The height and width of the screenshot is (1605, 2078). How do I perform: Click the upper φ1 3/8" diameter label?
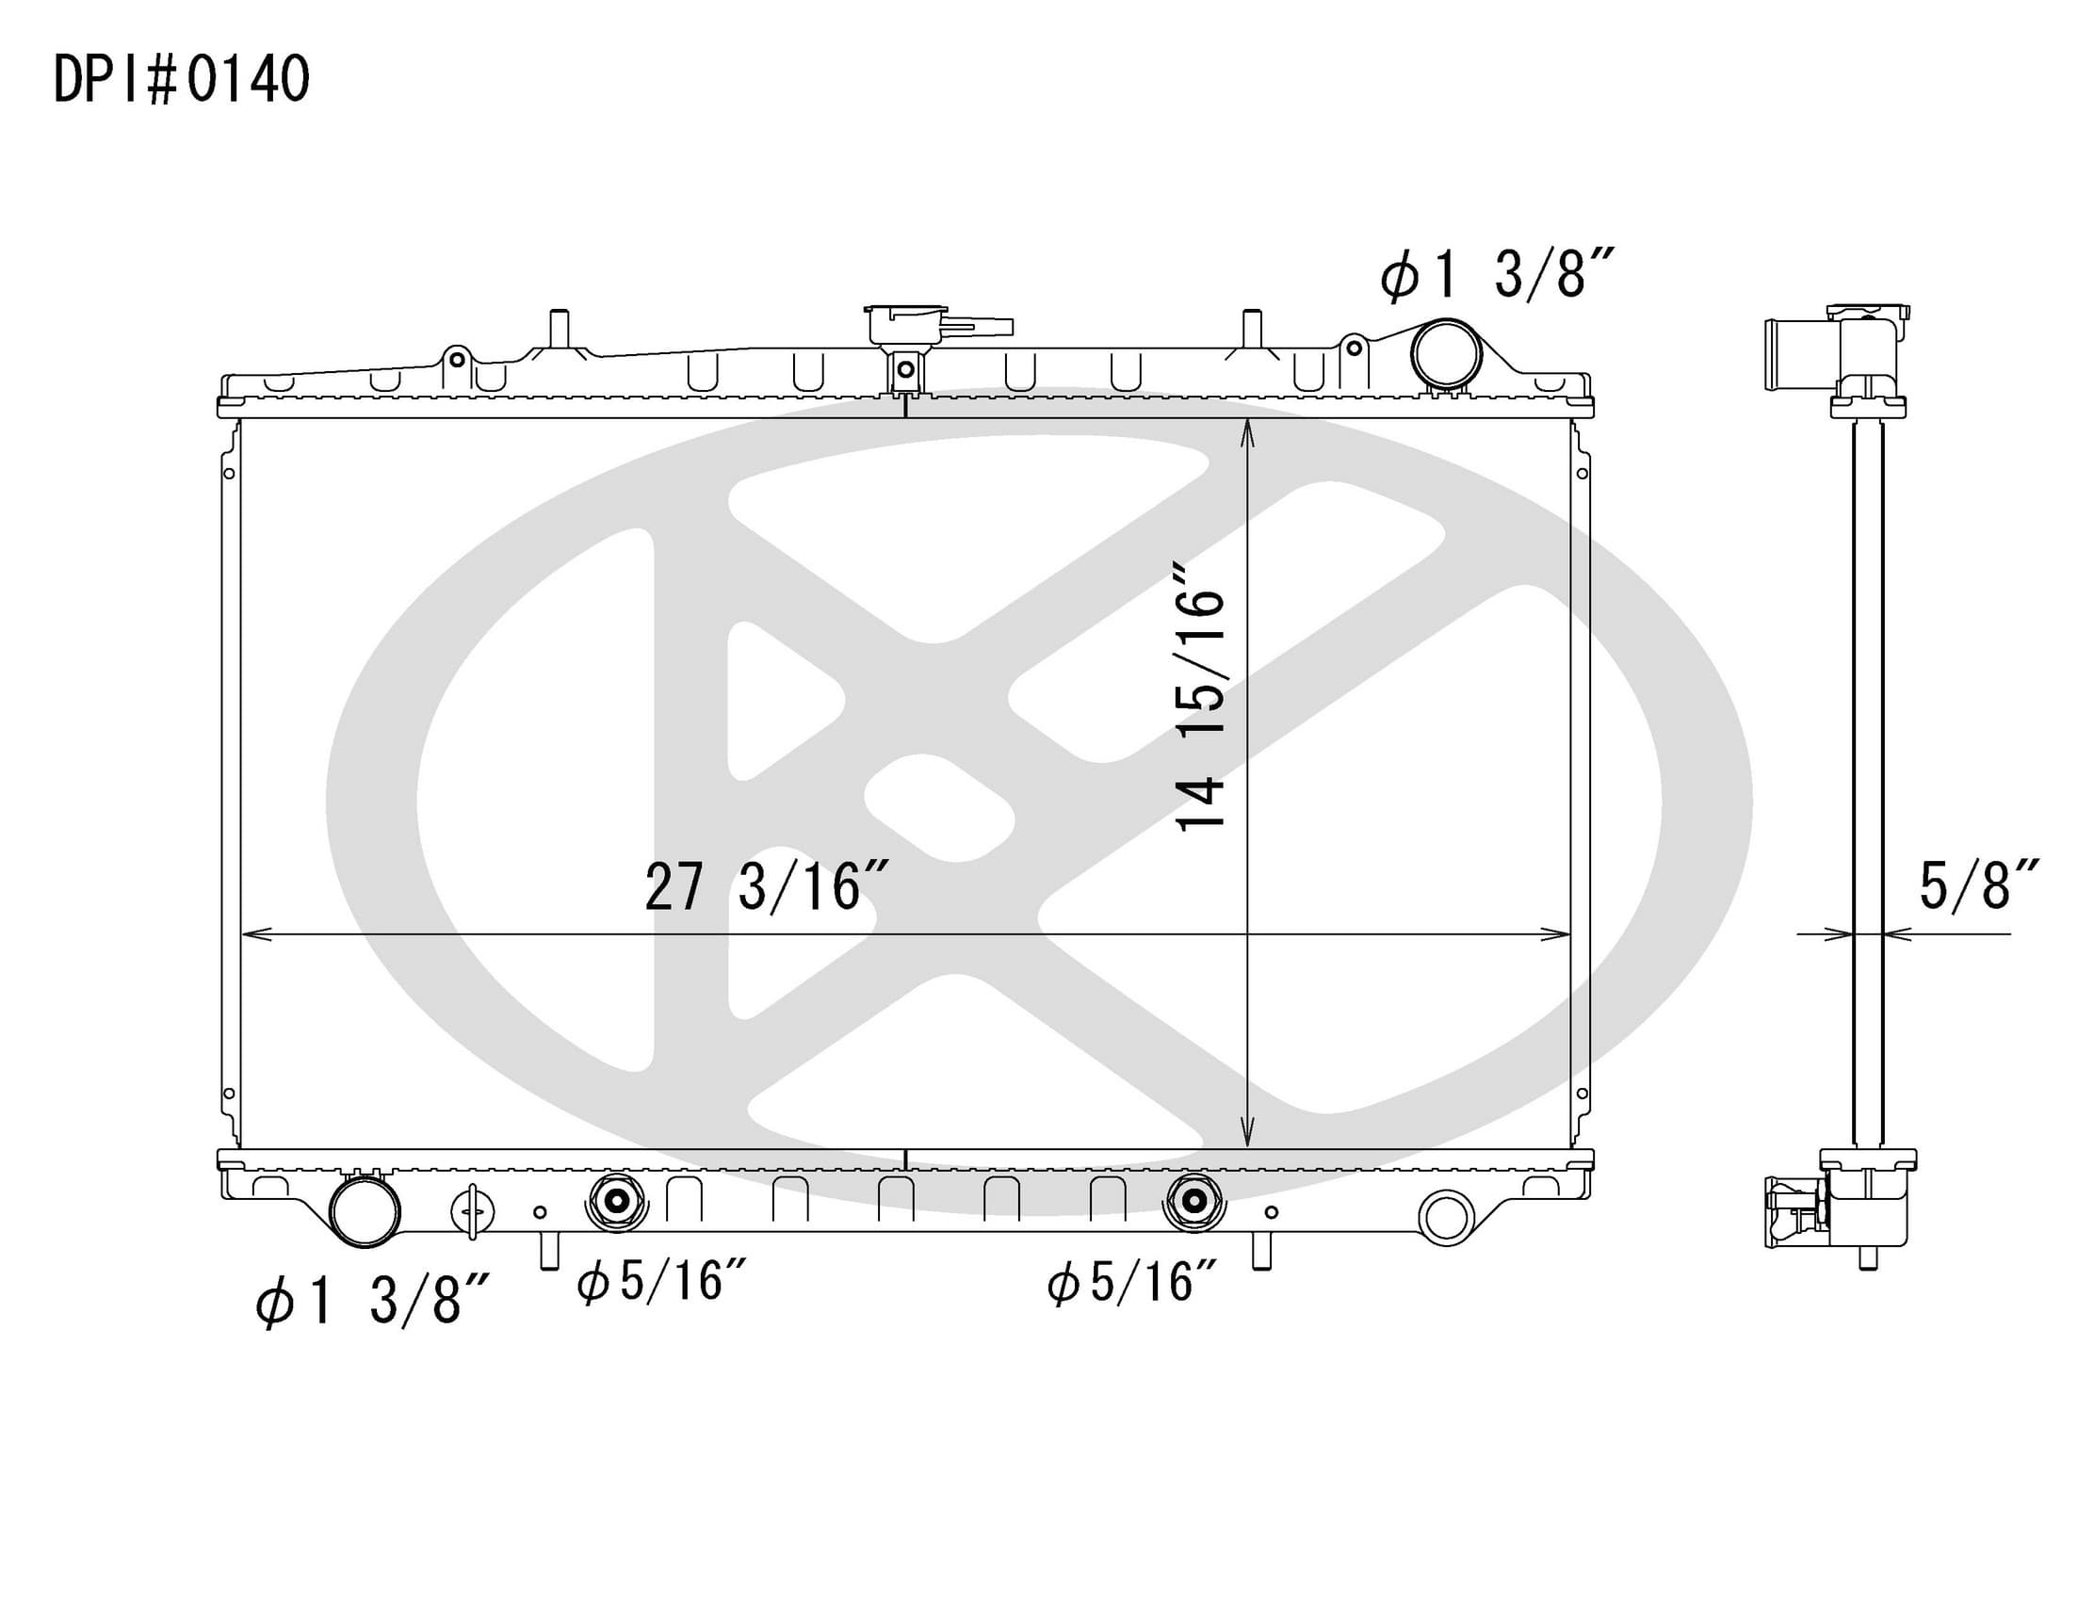click(1499, 274)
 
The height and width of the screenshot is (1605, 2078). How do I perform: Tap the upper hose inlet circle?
click(1446, 354)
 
